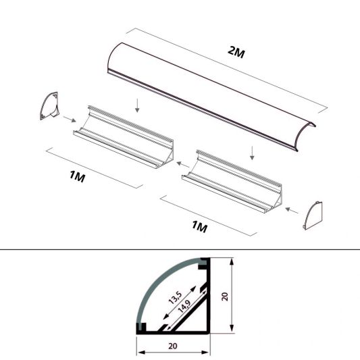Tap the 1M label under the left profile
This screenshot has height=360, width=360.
pyautogui.click(x=78, y=178)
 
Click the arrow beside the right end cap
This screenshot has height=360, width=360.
pyautogui.click(x=292, y=211)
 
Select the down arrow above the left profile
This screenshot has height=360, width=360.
pyautogui.click(x=137, y=104)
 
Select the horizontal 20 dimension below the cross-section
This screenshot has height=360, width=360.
pyautogui.click(x=174, y=344)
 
